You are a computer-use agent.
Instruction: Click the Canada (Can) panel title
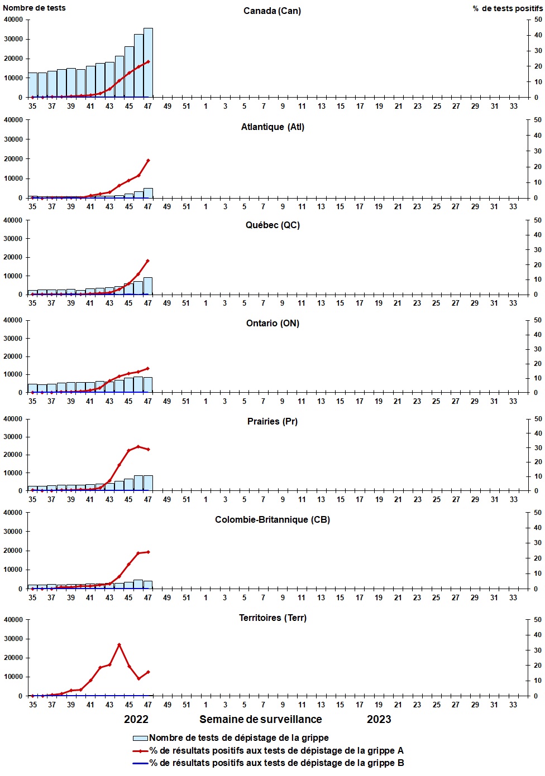272,11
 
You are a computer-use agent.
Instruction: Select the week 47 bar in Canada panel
148,62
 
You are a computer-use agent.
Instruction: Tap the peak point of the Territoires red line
119,645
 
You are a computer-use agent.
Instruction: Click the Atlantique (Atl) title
272,127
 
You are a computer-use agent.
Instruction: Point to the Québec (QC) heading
272,225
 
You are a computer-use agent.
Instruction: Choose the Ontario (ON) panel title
272,324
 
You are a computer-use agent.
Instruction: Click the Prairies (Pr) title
272,422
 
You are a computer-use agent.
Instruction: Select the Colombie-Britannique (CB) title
272,520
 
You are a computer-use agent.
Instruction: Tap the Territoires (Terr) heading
272,618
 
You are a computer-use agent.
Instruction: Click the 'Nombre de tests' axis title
34,8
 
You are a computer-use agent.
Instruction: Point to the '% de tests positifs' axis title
507,8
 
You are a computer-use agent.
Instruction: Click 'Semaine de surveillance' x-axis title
261,720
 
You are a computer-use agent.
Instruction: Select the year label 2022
136,720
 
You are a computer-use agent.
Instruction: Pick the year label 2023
379,720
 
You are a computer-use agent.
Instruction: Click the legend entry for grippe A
276,751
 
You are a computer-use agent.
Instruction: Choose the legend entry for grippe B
276,763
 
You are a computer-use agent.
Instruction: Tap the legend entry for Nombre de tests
238,738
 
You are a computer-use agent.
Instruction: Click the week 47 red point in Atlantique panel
148,161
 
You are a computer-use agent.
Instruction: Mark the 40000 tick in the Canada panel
13,20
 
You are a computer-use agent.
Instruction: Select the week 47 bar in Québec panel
148,286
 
